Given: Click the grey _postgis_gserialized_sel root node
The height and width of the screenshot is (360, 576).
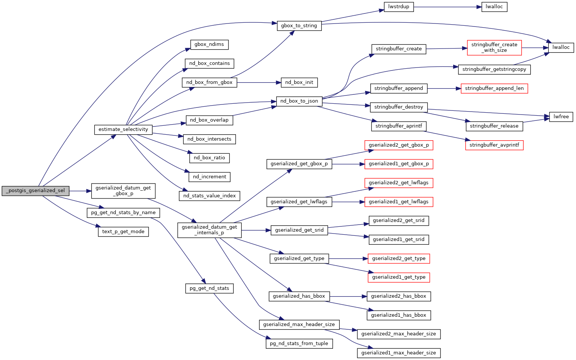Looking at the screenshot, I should click(35, 191).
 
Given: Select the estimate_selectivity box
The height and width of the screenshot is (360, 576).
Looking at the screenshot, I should click(123, 129).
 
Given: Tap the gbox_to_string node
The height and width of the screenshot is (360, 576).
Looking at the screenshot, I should click(299, 26).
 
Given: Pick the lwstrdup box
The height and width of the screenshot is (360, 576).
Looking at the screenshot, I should click(399, 7).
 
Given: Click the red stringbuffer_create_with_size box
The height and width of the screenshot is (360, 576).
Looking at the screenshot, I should click(494, 47).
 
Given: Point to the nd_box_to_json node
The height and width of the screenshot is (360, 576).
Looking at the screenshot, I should click(299, 101).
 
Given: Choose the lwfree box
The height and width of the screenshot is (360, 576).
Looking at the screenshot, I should click(561, 117).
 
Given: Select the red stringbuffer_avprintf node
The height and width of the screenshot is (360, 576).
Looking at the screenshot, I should click(494, 145).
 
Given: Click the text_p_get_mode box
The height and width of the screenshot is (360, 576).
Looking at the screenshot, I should click(123, 232).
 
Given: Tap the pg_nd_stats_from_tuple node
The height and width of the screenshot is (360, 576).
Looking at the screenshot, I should click(299, 343).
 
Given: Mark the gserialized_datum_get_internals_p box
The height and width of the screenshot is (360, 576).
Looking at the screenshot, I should click(209, 230).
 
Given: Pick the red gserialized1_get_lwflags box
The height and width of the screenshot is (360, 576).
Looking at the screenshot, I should click(399, 202).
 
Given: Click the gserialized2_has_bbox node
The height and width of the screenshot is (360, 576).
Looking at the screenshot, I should click(399, 296).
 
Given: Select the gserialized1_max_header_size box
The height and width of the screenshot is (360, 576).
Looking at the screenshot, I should click(399, 353).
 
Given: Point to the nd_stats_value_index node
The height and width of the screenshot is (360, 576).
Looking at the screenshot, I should click(209, 196).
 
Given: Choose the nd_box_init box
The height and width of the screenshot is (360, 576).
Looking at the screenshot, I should click(299, 82).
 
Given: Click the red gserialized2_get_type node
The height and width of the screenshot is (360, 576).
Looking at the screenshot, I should click(399, 259).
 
